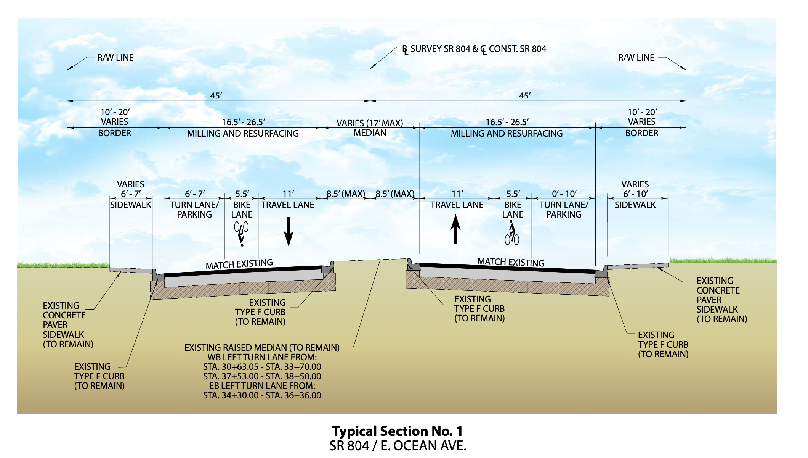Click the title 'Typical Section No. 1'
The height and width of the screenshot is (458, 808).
point(397,431)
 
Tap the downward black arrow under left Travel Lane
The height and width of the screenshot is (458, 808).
point(289,231)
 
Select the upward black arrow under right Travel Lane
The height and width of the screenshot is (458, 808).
point(455,229)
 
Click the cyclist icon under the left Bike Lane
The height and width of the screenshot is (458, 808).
point(241,233)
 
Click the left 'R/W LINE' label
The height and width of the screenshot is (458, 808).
point(115,58)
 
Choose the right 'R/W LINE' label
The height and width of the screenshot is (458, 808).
point(636,58)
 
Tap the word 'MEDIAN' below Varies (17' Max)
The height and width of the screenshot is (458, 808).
point(370,133)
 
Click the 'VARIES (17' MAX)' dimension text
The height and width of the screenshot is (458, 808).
point(370,123)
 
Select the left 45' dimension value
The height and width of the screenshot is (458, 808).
point(216,95)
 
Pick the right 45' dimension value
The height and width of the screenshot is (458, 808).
point(525,95)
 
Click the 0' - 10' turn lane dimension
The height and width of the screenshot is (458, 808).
point(564,194)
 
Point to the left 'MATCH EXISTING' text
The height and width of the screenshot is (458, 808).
point(239,264)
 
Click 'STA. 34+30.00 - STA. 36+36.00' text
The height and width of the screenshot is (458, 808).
point(262,395)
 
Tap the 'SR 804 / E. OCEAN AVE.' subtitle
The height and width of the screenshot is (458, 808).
point(398,446)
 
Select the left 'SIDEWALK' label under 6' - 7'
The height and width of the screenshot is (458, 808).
point(131,205)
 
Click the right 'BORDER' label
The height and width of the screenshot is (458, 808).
point(642,133)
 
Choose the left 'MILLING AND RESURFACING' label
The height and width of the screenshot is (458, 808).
point(243,134)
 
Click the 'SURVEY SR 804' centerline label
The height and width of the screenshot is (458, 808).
point(440,49)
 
